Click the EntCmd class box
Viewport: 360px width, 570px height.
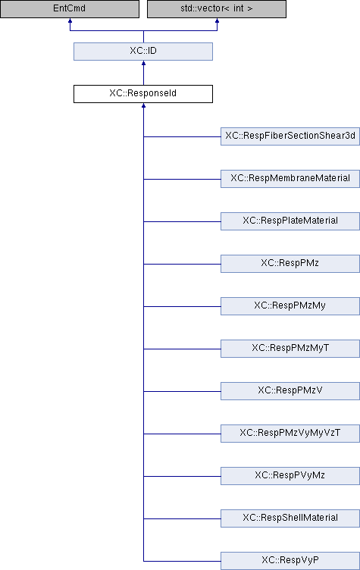pos(70,9)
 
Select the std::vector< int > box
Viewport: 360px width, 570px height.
pos(217,9)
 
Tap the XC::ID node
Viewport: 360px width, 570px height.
pos(143,52)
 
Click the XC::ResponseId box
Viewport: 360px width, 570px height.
pos(143,94)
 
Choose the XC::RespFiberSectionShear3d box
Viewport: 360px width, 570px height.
pos(290,136)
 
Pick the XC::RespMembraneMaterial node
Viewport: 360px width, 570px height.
pos(290,179)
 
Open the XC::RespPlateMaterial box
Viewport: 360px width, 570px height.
pos(290,221)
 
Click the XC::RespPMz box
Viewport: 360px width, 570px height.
pos(290,264)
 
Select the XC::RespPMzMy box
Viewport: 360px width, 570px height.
pos(290,306)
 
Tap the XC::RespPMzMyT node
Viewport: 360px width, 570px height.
pos(290,349)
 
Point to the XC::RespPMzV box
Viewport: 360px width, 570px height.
pos(290,391)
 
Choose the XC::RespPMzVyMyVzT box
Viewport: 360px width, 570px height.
pos(290,434)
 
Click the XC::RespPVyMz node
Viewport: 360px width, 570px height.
pos(290,476)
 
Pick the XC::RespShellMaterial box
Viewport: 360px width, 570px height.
pos(290,518)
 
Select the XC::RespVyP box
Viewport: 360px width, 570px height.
pos(290,561)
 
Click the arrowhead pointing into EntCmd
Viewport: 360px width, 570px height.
pos(70,20)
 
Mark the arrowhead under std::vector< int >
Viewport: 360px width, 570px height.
pos(217,20)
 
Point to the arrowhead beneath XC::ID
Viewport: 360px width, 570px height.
pos(144,63)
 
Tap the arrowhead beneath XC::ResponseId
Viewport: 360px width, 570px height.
pos(144,105)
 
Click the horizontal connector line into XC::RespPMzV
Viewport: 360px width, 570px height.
pos(182,392)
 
